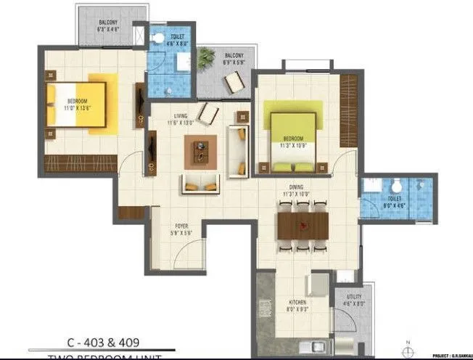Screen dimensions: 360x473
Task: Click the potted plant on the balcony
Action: pos(207,57)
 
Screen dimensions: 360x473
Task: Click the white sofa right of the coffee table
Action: pos(236,151)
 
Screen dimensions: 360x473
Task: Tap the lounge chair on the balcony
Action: pos(234,82)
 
